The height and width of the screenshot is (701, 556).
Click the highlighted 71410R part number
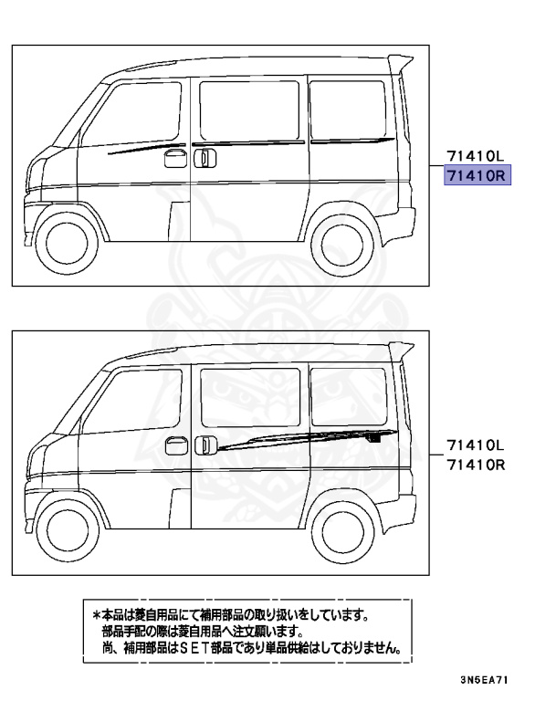coord(476,174)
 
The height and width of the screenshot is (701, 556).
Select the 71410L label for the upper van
coord(475,156)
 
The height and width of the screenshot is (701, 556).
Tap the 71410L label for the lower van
coord(475,445)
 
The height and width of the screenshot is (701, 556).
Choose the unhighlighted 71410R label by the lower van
coord(475,465)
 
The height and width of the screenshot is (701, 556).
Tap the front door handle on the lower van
coord(171,445)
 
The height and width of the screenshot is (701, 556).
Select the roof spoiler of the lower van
coord(400,350)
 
